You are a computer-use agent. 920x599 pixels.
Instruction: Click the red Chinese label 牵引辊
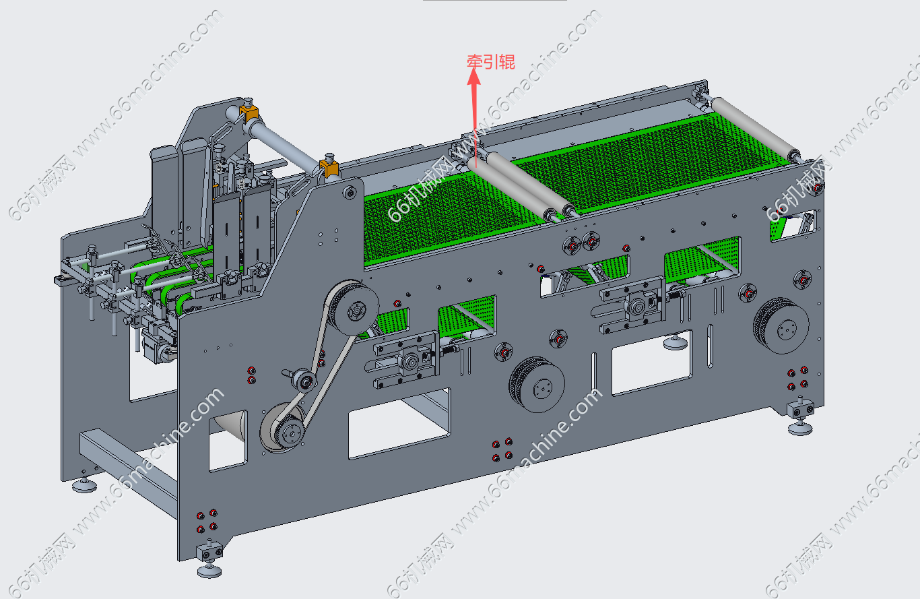pos(491,62)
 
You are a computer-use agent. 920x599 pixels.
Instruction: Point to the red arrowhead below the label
pos(474,76)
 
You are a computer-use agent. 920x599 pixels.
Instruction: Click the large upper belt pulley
pos(354,307)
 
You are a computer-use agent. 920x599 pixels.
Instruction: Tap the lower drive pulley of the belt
pos(284,428)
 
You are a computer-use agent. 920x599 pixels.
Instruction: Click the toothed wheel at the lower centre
pos(537,385)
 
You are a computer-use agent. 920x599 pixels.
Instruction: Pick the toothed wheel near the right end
pos(781,326)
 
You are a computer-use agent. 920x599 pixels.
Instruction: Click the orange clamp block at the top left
pos(249,113)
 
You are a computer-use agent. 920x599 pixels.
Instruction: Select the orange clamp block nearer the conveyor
pos(329,168)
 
